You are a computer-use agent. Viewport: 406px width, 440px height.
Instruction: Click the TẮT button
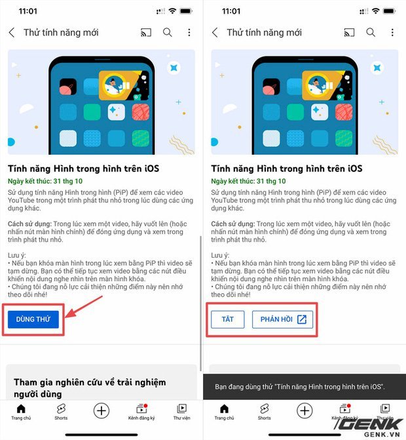click(x=228, y=319)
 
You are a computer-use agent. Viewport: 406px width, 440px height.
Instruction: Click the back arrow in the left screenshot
click(x=12, y=32)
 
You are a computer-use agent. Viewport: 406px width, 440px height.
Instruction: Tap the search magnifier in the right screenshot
click(x=371, y=32)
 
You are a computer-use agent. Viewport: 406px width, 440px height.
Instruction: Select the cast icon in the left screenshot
click(x=146, y=32)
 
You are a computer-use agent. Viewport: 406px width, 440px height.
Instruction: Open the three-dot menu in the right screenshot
click(x=392, y=32)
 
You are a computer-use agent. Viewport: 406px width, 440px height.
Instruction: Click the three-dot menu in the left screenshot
click(x=189, y=32)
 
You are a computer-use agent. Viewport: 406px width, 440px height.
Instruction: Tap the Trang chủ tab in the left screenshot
click(x=21, y=412)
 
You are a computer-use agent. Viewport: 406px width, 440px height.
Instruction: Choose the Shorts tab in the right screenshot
click(x=264, y=412)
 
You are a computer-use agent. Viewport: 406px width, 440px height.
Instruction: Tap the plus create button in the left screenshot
click(x=101, y=410)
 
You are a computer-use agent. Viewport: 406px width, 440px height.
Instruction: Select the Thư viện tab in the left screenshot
click(x=181, y=412)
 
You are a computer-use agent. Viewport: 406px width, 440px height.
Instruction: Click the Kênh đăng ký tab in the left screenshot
click(x=141, y=412)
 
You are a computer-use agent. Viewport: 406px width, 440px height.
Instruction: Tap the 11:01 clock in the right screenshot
click(x=231, y=11)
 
